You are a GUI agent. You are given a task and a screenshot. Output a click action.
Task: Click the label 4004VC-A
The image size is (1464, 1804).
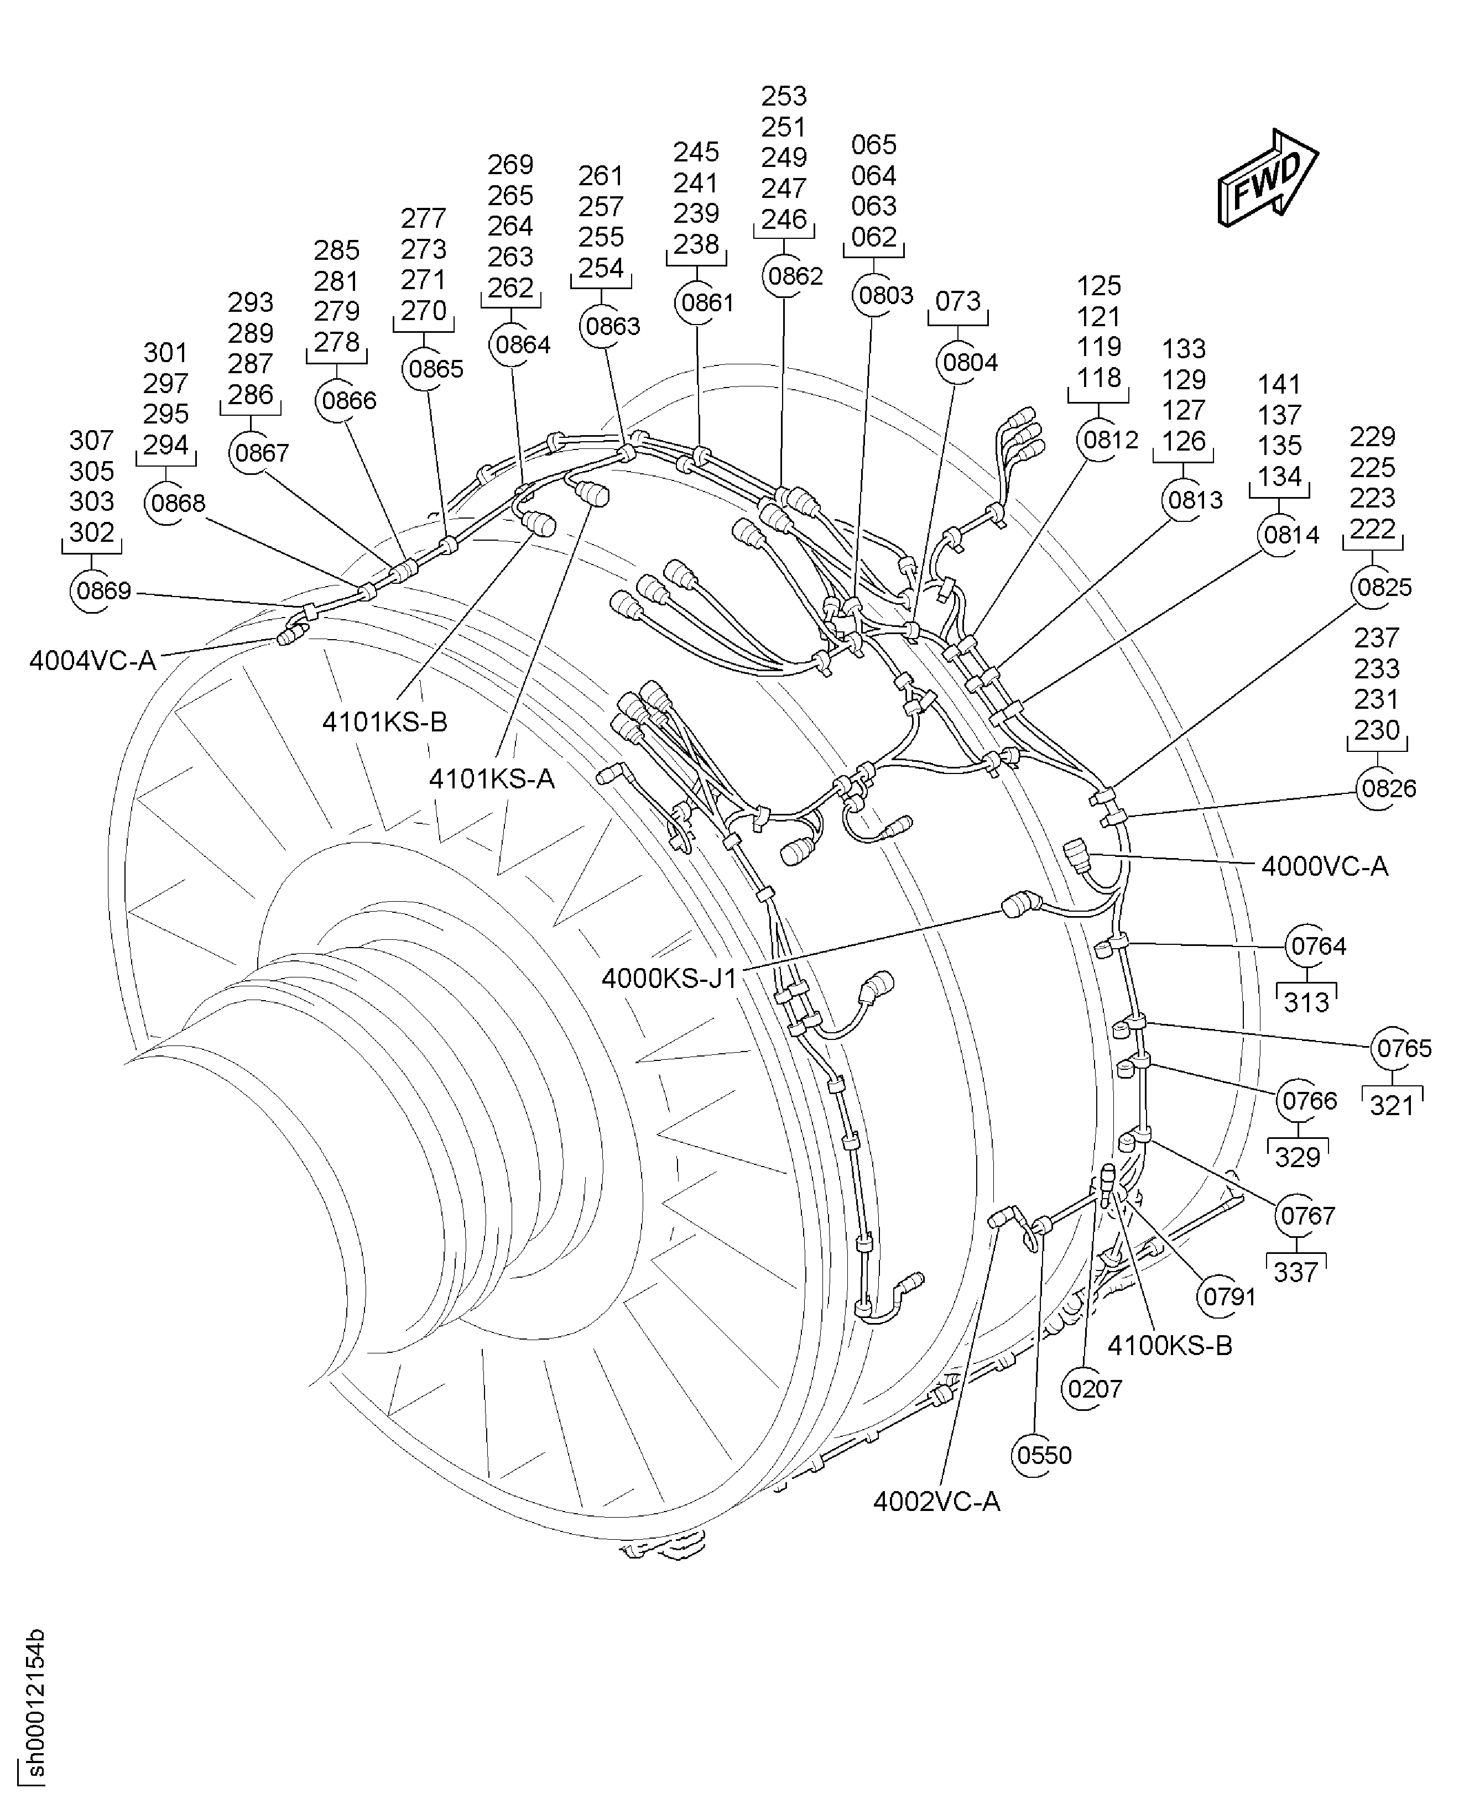click(93, 661)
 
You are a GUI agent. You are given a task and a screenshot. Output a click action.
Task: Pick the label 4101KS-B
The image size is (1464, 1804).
click(384, 721)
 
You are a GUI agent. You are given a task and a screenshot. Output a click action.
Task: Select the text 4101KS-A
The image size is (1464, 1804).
click(492, 778)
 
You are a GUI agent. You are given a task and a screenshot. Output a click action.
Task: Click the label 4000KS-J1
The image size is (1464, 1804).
click(669, 979)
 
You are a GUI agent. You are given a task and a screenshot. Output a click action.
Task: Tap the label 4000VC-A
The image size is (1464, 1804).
click(1324, 866)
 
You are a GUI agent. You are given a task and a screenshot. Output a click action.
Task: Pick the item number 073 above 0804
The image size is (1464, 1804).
click(958, 301)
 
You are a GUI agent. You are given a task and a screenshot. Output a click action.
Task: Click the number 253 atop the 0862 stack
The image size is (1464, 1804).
click(784, 95)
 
